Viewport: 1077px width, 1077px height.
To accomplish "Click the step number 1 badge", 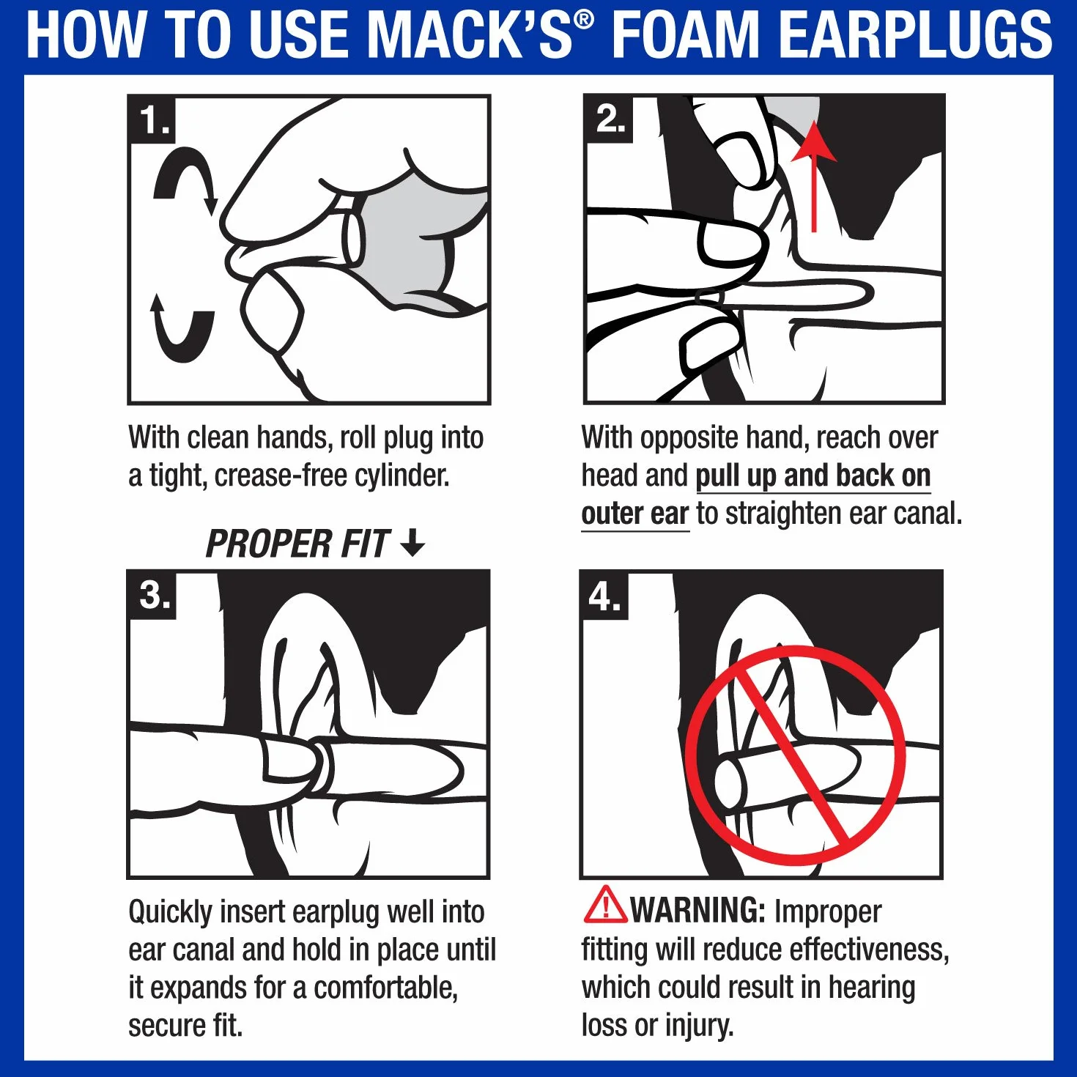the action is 152,119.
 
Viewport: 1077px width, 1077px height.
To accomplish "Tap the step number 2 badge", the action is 609,119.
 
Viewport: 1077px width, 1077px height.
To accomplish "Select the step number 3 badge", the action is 152,595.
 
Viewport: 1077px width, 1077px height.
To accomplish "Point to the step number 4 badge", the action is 604,596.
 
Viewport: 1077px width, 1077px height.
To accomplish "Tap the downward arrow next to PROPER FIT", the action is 413,543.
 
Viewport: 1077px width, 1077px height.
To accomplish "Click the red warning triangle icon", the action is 605,904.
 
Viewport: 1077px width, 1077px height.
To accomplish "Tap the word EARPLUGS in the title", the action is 915,34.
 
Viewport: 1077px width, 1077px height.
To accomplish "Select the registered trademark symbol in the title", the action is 583,21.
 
